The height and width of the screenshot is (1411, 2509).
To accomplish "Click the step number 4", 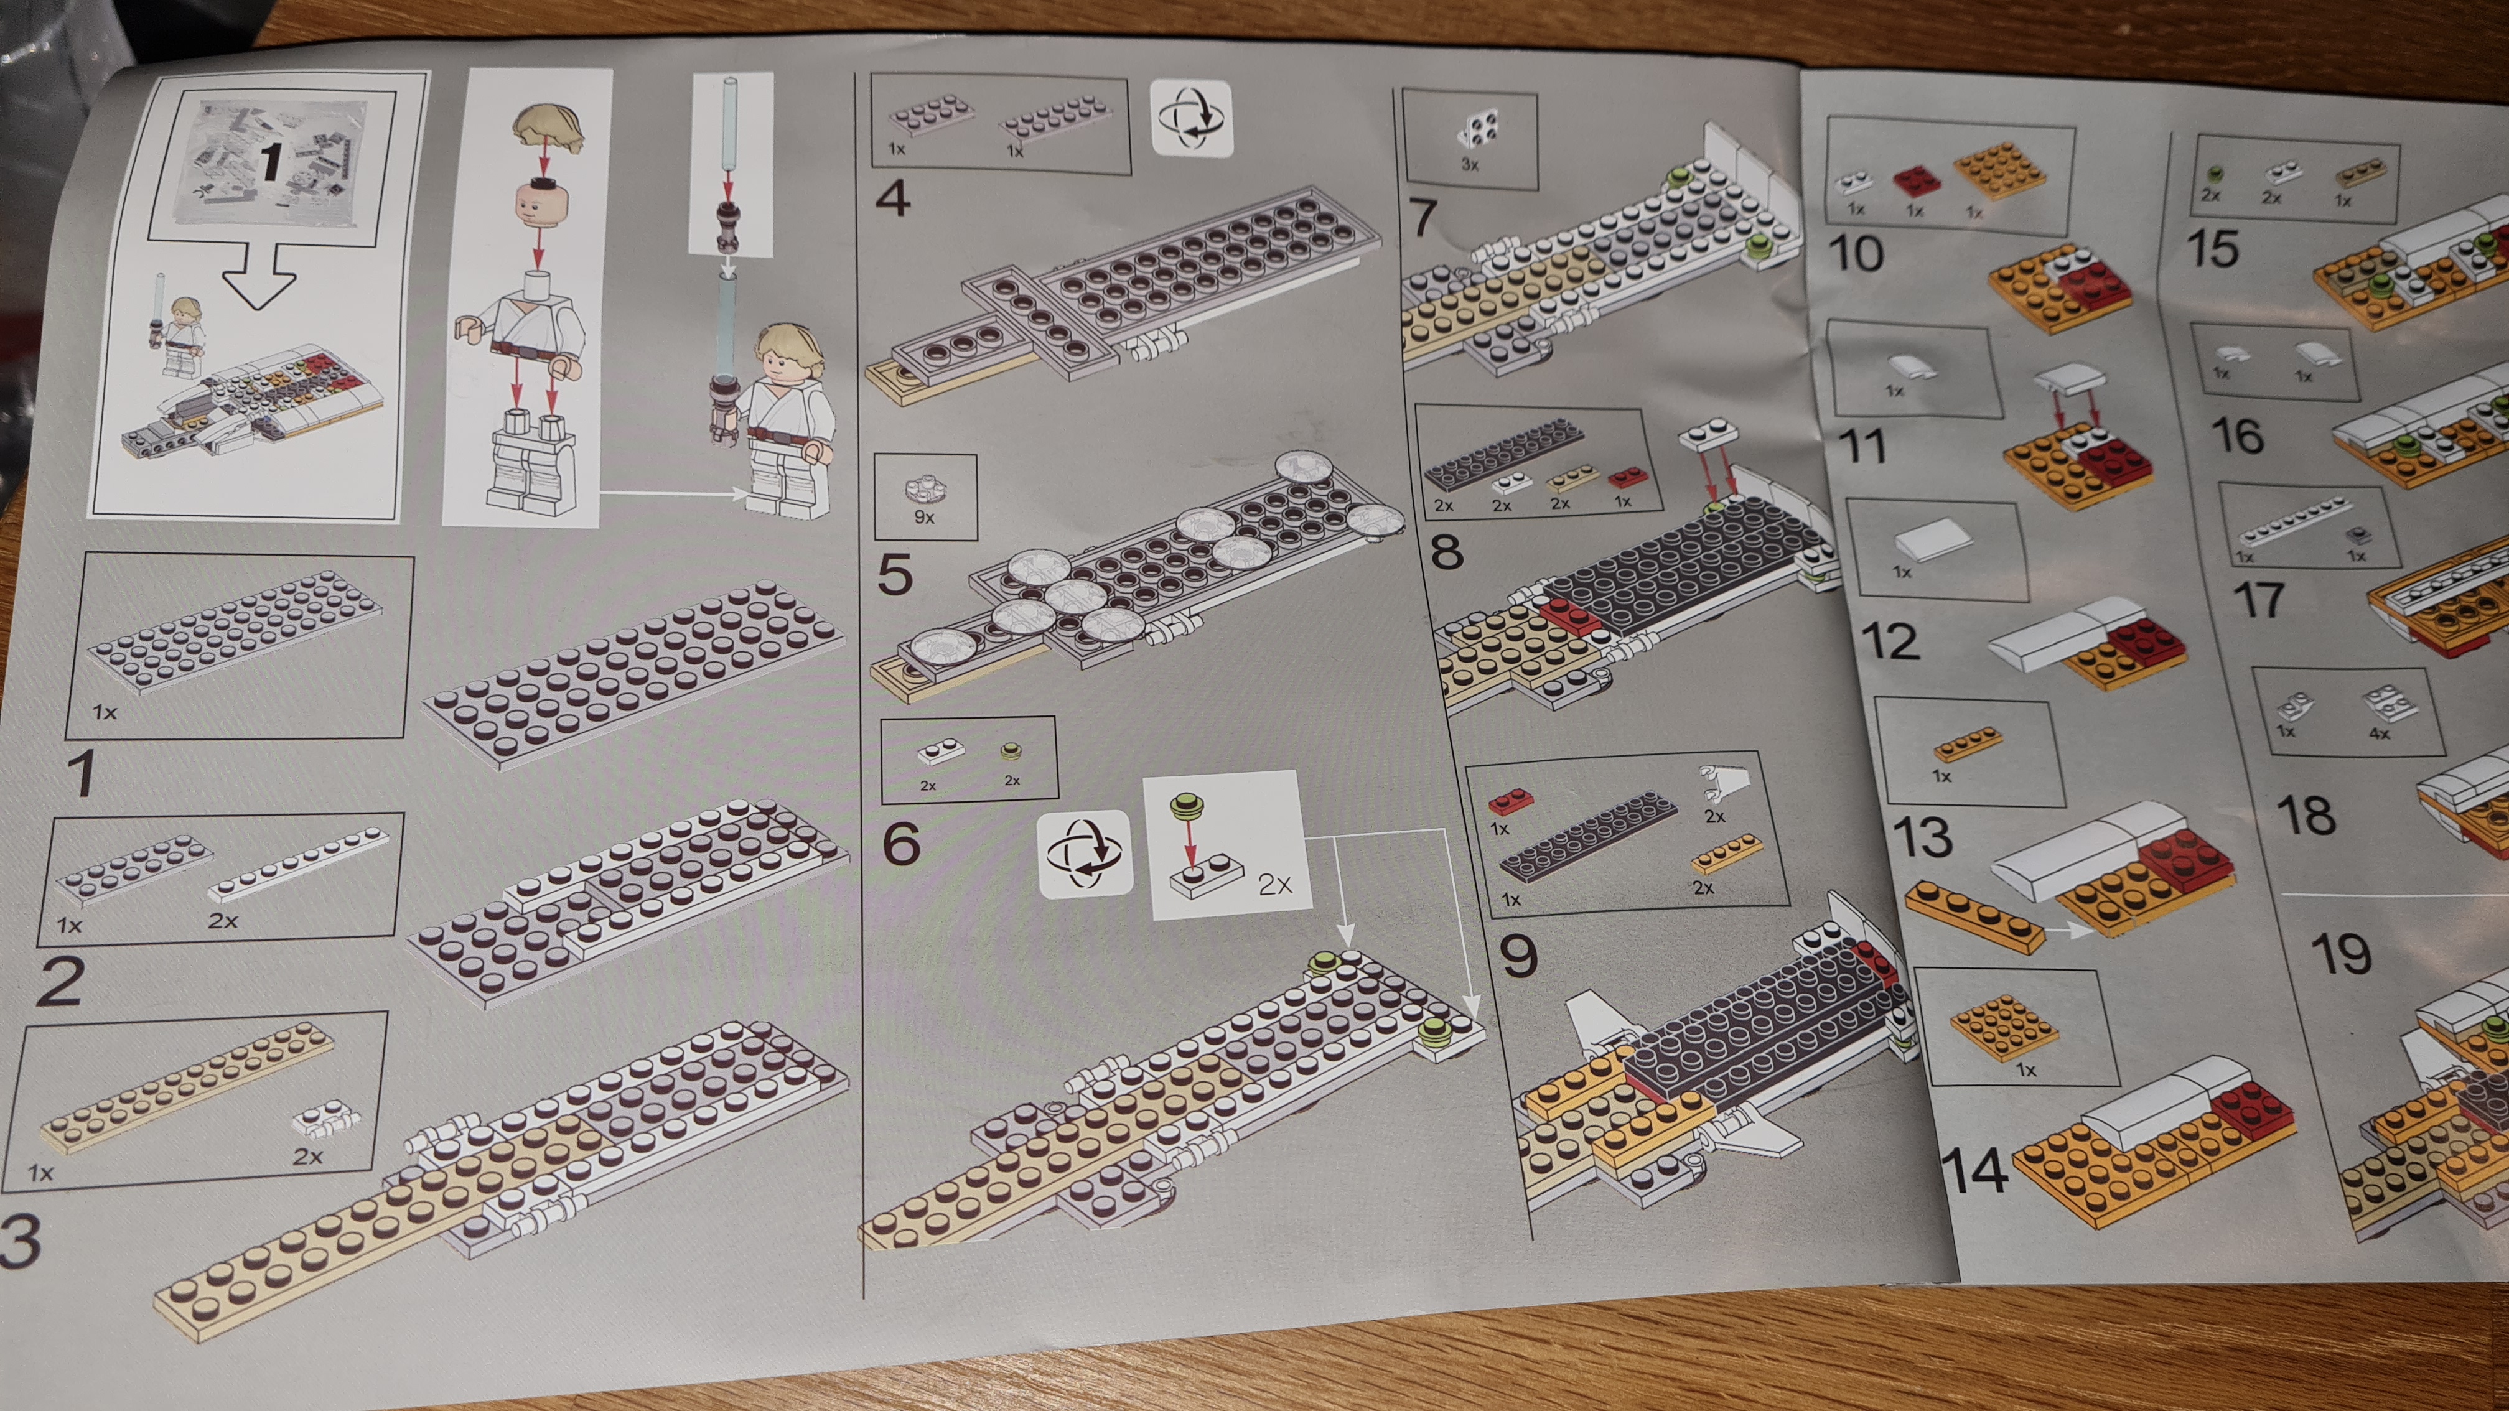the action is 893,198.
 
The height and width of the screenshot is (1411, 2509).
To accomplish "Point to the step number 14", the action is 1974,1170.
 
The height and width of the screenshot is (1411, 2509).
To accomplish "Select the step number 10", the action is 1856,253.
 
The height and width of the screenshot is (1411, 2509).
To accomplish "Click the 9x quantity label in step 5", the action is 924,517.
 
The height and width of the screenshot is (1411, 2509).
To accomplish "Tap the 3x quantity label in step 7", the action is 1470,165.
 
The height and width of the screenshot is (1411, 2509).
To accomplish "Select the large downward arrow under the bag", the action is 259,276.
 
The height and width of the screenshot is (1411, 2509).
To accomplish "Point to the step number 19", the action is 2342,953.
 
